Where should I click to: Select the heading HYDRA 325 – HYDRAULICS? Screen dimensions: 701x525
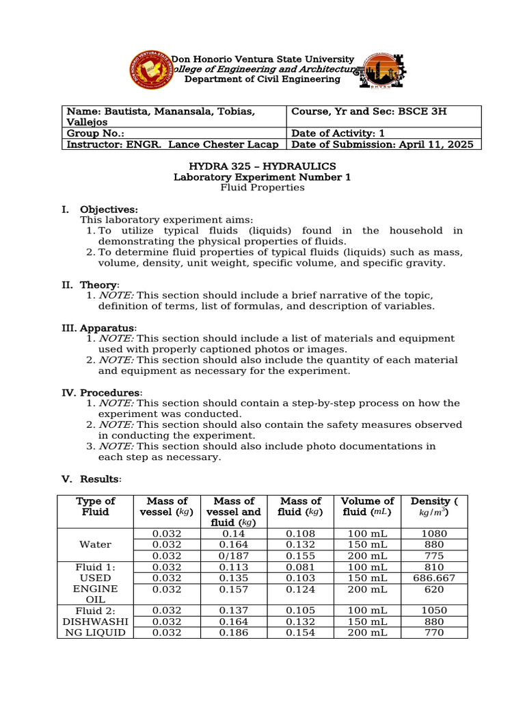pyautogui.click(x=262, y=166)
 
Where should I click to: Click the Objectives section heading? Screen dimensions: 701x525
pyautogui.click(x=109, y=209)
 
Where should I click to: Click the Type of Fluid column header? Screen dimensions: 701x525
pyautogui.click(x=96, y=507)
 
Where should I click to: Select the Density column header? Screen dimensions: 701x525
pyautogui.click(x=434, y=507)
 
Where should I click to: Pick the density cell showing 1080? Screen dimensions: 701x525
pyautogui.click(x=434, y=534)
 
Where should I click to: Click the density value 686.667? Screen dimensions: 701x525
pyautogui.click(x=434, y=578)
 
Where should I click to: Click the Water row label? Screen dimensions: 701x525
pyautogui.click(x=96, y=545)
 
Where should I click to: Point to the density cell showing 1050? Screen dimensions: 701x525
pyautogui.click(x=434, y=611)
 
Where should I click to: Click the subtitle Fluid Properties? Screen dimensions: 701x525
pyautogui.click(x=262, y=188)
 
